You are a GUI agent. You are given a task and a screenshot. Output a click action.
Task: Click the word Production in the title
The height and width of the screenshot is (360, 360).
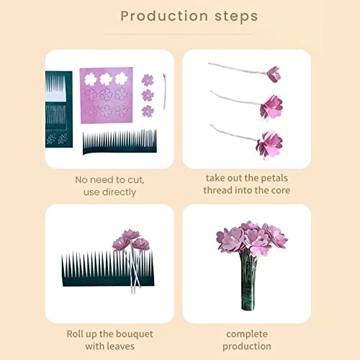164,17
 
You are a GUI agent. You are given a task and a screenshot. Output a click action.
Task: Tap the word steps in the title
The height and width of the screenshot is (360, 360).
236,17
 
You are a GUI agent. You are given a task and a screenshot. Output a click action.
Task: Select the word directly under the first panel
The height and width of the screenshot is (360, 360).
119,192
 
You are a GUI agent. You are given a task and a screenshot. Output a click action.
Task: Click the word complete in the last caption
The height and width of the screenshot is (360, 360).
247,334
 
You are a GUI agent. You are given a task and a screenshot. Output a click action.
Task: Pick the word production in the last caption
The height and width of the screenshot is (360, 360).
247,346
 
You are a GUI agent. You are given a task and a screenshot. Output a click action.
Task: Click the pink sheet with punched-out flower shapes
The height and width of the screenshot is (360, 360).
107,95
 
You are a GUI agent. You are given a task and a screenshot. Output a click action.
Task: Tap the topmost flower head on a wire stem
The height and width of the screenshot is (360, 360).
274,74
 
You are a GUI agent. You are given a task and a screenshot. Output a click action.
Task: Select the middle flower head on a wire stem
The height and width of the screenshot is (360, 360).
271,107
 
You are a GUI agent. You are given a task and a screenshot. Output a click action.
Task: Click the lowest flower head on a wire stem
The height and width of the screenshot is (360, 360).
269,144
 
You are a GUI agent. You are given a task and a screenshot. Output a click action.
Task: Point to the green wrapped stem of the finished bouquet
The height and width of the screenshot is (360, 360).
248,282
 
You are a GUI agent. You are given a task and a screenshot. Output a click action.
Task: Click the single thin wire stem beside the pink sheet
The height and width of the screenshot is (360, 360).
165,91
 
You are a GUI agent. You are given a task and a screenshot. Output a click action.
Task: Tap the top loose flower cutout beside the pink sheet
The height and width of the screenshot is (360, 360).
148,80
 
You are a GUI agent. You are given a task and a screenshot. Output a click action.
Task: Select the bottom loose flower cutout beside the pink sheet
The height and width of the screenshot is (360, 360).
148,111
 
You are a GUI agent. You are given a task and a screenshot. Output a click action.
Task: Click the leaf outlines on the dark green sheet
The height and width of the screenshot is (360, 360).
57,139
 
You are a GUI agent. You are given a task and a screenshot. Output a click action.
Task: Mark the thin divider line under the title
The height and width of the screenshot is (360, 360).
179,34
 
